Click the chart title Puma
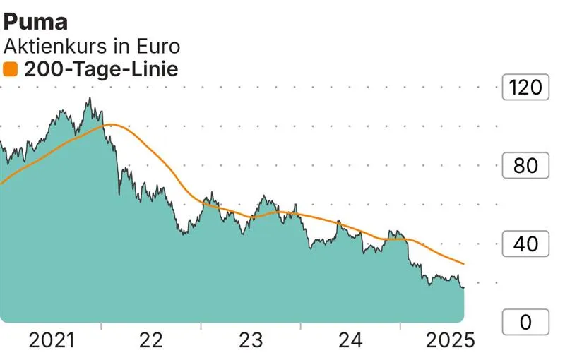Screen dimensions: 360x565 36,21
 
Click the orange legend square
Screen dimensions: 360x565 11,69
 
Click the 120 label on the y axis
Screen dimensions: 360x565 524,88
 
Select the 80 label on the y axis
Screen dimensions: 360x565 524,167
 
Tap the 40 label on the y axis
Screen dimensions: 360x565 524,244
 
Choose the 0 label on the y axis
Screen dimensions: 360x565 524,323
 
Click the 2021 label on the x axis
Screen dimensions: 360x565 52,340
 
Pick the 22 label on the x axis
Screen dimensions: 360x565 150,340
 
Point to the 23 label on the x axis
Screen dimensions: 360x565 250,340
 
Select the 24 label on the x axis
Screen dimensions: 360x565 350,340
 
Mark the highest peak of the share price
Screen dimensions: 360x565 89,98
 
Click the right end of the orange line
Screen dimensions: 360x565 464,264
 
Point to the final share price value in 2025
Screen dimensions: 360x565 463,287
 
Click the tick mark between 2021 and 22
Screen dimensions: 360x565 101,327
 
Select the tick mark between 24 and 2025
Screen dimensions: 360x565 400,327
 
